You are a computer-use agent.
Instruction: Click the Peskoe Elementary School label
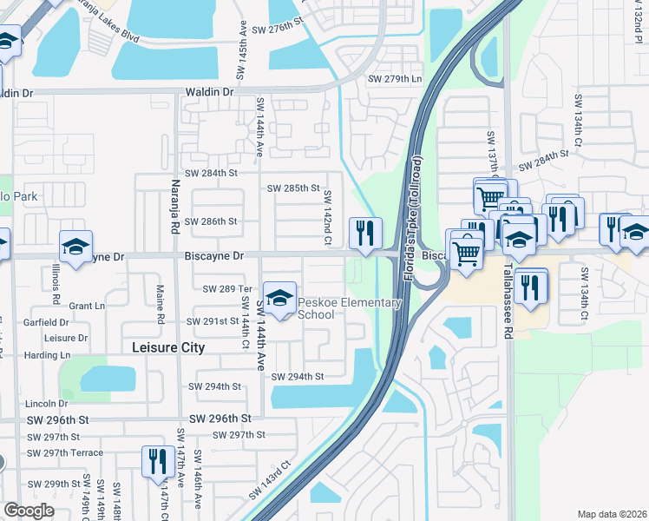[x=350, y=308]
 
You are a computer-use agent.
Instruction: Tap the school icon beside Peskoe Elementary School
[x=279, y=300]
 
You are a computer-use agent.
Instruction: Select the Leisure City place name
[x=168, y=347]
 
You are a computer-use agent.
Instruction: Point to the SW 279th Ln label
[x=395, y=80]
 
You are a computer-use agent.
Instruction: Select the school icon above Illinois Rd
[x=75, y=247]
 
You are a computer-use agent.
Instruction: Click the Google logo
[x=29, y=511]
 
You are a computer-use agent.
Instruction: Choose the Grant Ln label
[x=87, y=306]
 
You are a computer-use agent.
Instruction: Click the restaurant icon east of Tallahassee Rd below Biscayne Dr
[x=530, y=287]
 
